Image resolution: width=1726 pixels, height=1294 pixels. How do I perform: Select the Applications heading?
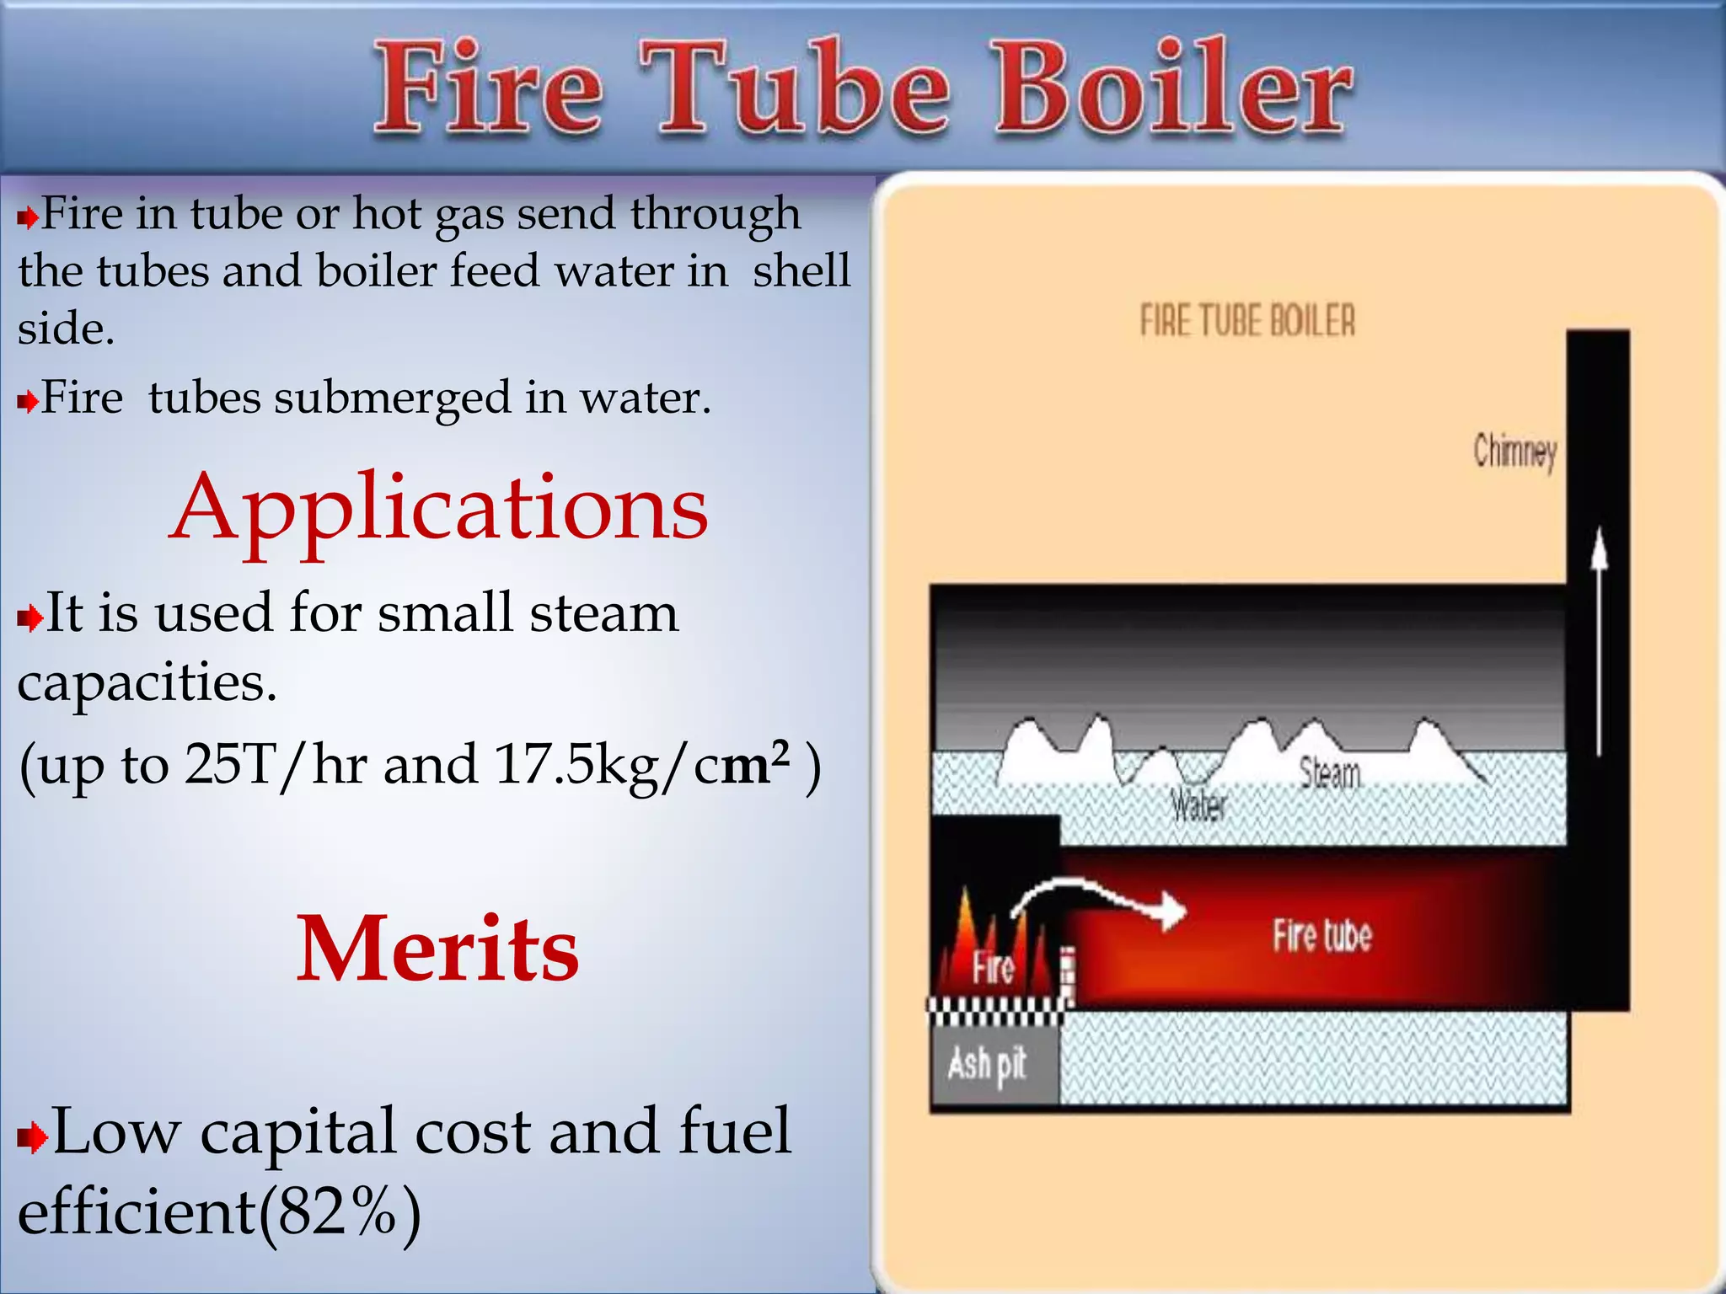438,508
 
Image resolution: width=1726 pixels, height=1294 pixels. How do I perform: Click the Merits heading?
437,949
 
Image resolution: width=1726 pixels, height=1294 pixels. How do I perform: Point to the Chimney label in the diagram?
1514,452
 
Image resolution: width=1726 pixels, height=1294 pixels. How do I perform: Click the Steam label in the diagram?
1329,773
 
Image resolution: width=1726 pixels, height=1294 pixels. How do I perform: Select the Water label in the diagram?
1199,806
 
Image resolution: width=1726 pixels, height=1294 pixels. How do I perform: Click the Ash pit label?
987,1065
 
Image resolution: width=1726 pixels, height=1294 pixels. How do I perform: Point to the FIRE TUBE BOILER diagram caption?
1247,322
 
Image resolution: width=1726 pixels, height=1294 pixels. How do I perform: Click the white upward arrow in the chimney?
1598,640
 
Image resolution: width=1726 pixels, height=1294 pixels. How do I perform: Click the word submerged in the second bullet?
393,398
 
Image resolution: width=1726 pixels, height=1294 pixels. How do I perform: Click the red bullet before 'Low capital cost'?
31,1139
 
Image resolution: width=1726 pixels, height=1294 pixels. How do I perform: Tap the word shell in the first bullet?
801,271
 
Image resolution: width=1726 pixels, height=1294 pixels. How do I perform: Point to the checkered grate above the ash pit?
994,1011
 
